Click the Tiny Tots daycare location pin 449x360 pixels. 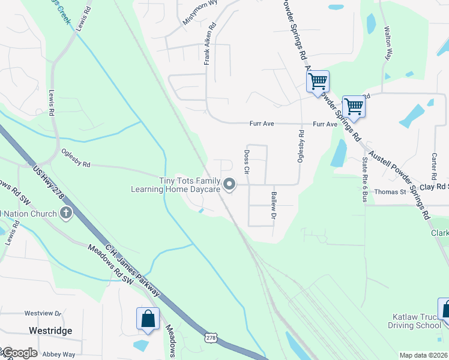click(x=229, y=184)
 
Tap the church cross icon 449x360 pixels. click(x=66, y=212)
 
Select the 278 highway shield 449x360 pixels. click(x=211, y=340)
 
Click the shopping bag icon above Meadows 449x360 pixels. click(x=148, y=319)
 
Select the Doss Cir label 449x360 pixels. click(x=246, y=162)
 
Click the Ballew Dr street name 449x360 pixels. click(x=274, y=205)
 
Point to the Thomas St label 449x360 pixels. click(x=390, y=192)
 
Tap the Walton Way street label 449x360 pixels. click(x=388, y=42)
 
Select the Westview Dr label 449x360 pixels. click(x=43, y=313)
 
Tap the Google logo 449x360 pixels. click(x=19, y=353)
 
